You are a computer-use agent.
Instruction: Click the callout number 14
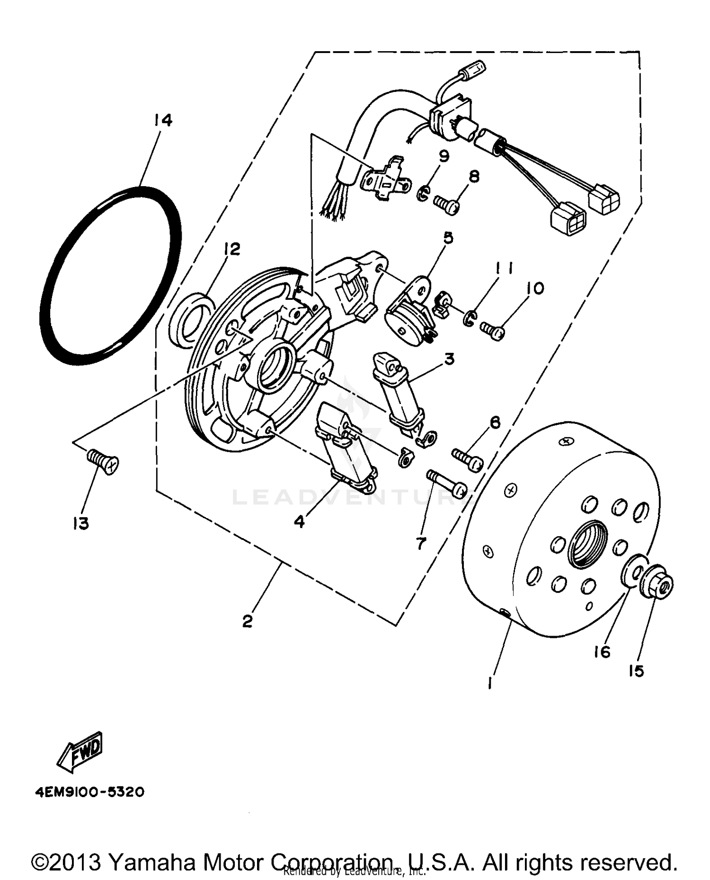162,120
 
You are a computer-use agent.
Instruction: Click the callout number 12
232,249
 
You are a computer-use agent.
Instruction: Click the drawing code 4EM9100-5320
89,792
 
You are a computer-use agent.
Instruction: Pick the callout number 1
491,682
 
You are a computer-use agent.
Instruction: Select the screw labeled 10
492,330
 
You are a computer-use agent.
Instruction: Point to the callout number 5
447,237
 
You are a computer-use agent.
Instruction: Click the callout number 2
248,621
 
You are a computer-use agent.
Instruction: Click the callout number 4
299,521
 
